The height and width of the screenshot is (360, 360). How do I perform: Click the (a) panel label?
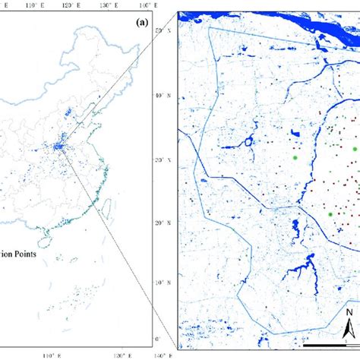coord(141,23)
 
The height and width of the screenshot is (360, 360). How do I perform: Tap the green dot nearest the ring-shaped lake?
coord(293,158)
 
